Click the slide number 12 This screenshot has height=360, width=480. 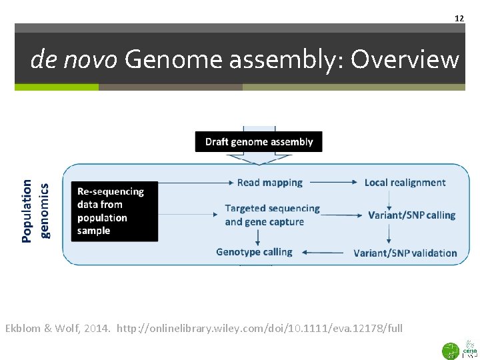[459, 18]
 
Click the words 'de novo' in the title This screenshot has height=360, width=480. [74, 60]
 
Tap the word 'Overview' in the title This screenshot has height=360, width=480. [405, 60]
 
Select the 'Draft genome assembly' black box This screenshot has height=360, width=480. [259, 141]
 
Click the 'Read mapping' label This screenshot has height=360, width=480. [269, 182]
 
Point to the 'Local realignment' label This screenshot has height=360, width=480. [405, 182]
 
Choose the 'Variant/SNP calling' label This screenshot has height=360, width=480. [411, 215]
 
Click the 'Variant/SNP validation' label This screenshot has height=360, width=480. [405, 253]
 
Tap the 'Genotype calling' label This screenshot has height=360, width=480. [254, 251]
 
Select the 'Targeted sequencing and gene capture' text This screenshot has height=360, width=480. [272, 215]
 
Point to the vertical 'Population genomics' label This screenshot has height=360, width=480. [35, 211]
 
